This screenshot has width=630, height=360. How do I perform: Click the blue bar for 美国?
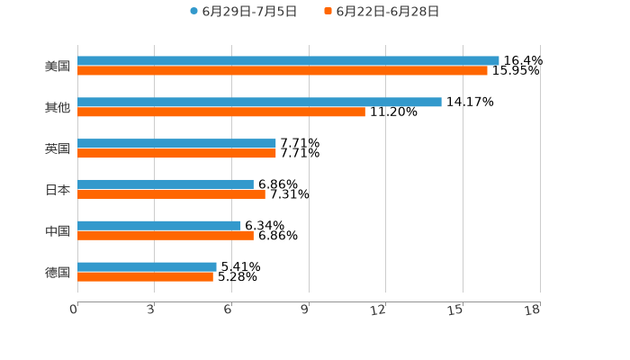tap(288, 60)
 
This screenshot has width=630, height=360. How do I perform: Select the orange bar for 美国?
tap(283, 70)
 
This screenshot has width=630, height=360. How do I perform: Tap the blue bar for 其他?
tap(259, 102)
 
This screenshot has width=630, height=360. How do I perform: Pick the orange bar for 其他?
tap(221, 112)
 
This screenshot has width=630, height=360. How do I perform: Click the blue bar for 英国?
tap(176, 143)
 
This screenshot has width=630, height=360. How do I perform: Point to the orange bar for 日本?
tap(171, 194)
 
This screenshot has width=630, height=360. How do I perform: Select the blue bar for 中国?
tap(159, 226)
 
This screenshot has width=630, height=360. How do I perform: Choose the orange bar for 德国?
tap(145, 277)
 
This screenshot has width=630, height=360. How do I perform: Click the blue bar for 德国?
tap(147, 266)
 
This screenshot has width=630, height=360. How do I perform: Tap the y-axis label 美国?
tap(58, 66)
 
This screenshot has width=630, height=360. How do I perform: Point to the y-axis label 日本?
tap(58, 190)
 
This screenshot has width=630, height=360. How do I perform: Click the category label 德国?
tap(58, 272)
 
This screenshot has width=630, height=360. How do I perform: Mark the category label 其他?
tap(58, 107)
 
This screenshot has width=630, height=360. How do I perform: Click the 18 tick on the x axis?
tap(533, 310)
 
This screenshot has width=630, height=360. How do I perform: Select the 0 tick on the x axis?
tap(74, 310)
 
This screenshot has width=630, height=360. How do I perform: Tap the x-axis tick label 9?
tap(305, 310)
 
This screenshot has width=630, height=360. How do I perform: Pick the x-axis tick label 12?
tap(379, 310)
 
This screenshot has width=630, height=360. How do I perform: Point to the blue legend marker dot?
tap(193, 12)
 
